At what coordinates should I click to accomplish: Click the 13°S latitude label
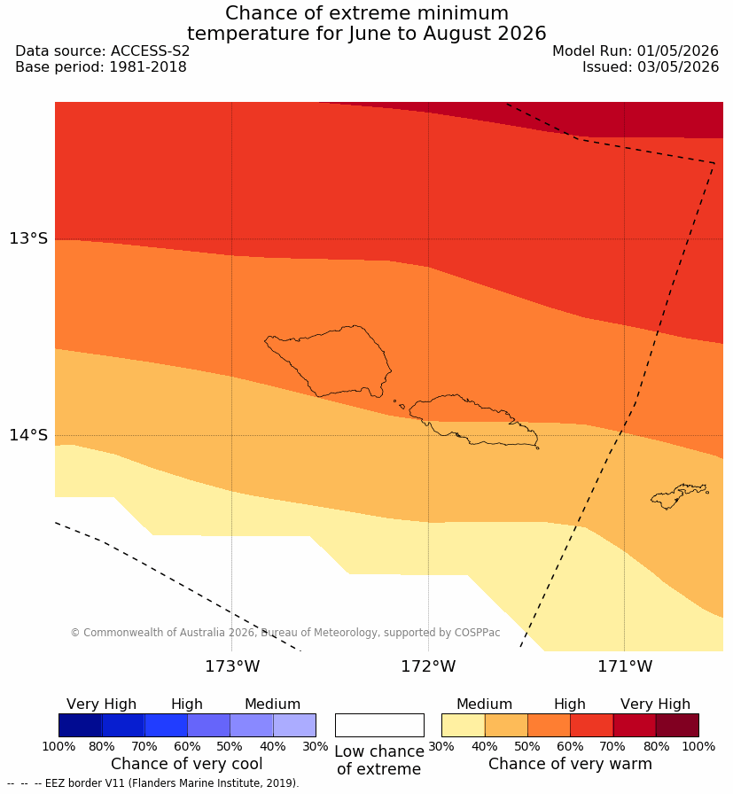(27, 238)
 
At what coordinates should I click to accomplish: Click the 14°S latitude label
(27, 434)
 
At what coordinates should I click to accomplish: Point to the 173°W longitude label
(232, 666)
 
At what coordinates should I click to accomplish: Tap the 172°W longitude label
(429, 666)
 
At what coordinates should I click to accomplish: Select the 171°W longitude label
(625, 666)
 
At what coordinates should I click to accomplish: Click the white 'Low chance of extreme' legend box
(379, 725)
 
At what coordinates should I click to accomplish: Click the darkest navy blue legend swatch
(80, 725)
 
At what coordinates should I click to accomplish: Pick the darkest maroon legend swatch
(677, 725)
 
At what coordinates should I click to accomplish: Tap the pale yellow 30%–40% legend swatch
(463, 725)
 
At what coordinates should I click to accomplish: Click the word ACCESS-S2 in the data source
(150, 51)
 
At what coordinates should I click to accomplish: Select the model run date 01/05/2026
(678, 51)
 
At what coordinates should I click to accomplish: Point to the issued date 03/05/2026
(678, 66)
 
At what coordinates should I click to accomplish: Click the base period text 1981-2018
(148, 66)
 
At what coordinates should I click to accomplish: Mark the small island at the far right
(679, 495)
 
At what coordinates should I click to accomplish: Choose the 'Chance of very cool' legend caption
(186, 764)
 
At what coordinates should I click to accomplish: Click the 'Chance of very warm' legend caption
(570, 764)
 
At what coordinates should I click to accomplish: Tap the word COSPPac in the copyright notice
(477, 633)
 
